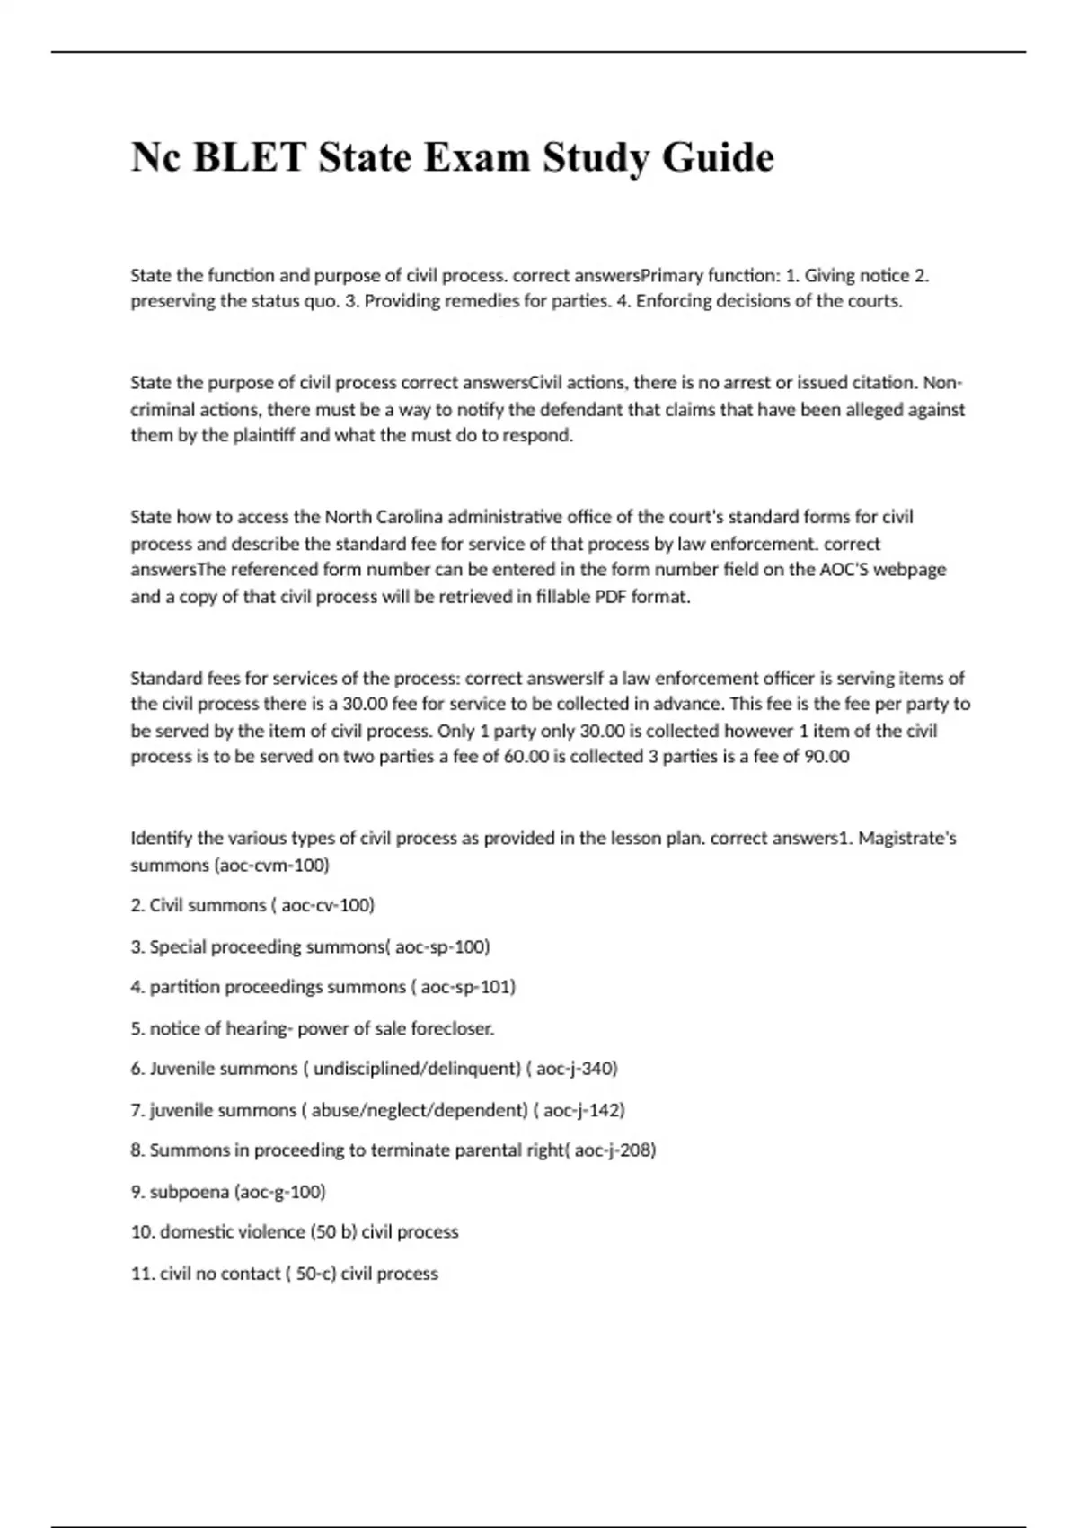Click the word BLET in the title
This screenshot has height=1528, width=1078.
tap(250, 158)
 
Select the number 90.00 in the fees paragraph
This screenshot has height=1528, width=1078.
tap(826, 757)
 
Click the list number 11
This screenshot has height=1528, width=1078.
tap(141, 1274)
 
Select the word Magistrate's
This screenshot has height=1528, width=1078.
tap(907, 839)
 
